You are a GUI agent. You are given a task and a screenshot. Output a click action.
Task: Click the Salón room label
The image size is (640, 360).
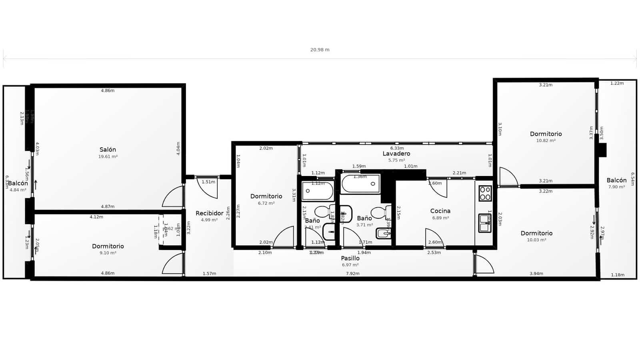tap(108, 150)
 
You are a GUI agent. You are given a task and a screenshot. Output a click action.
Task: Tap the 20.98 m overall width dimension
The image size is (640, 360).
tap(320, 50)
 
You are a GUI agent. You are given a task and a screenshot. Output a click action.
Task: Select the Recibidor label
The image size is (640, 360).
tap(209, 213)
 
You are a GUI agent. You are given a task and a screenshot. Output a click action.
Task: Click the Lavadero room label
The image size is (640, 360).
tap(396, 154)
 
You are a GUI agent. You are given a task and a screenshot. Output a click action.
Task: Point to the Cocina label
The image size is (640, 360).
tap(440, 211)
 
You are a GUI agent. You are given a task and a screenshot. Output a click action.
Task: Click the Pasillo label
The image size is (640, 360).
tap(350, 258)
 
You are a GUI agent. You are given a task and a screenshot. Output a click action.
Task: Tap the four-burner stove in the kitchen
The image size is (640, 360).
tap(485, 193)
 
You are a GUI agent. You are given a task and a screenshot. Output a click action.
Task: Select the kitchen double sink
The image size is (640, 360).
tap(484, 223)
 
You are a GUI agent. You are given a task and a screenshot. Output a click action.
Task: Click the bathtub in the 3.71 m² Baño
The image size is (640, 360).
tap(361, 184)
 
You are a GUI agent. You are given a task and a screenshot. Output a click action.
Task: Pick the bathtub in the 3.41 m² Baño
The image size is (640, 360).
tap(318, 191)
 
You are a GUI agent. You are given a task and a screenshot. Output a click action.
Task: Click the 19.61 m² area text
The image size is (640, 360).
tap(108, 157)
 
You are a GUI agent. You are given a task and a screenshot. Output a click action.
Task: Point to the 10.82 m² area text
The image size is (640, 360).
tap(546, 141)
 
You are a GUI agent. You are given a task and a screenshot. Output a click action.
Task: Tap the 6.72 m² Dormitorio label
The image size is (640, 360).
tap(266, 196)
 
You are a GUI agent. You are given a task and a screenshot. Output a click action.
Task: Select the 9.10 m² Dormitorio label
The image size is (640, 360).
tap(108, 246)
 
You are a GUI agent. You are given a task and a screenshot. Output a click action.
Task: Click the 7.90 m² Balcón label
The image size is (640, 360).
tap(616, 180)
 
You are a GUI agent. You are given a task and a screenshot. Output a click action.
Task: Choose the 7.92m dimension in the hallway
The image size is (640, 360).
tap(352, 274)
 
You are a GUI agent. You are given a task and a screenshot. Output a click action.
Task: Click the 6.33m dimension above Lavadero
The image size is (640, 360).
tap(397, 148)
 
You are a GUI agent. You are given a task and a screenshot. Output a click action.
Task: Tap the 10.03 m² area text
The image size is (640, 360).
tap(536, 240)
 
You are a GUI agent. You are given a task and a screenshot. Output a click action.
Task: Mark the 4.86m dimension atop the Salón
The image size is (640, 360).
tap(108, 91)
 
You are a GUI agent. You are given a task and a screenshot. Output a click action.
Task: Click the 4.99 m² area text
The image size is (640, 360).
tap(209, 220)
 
